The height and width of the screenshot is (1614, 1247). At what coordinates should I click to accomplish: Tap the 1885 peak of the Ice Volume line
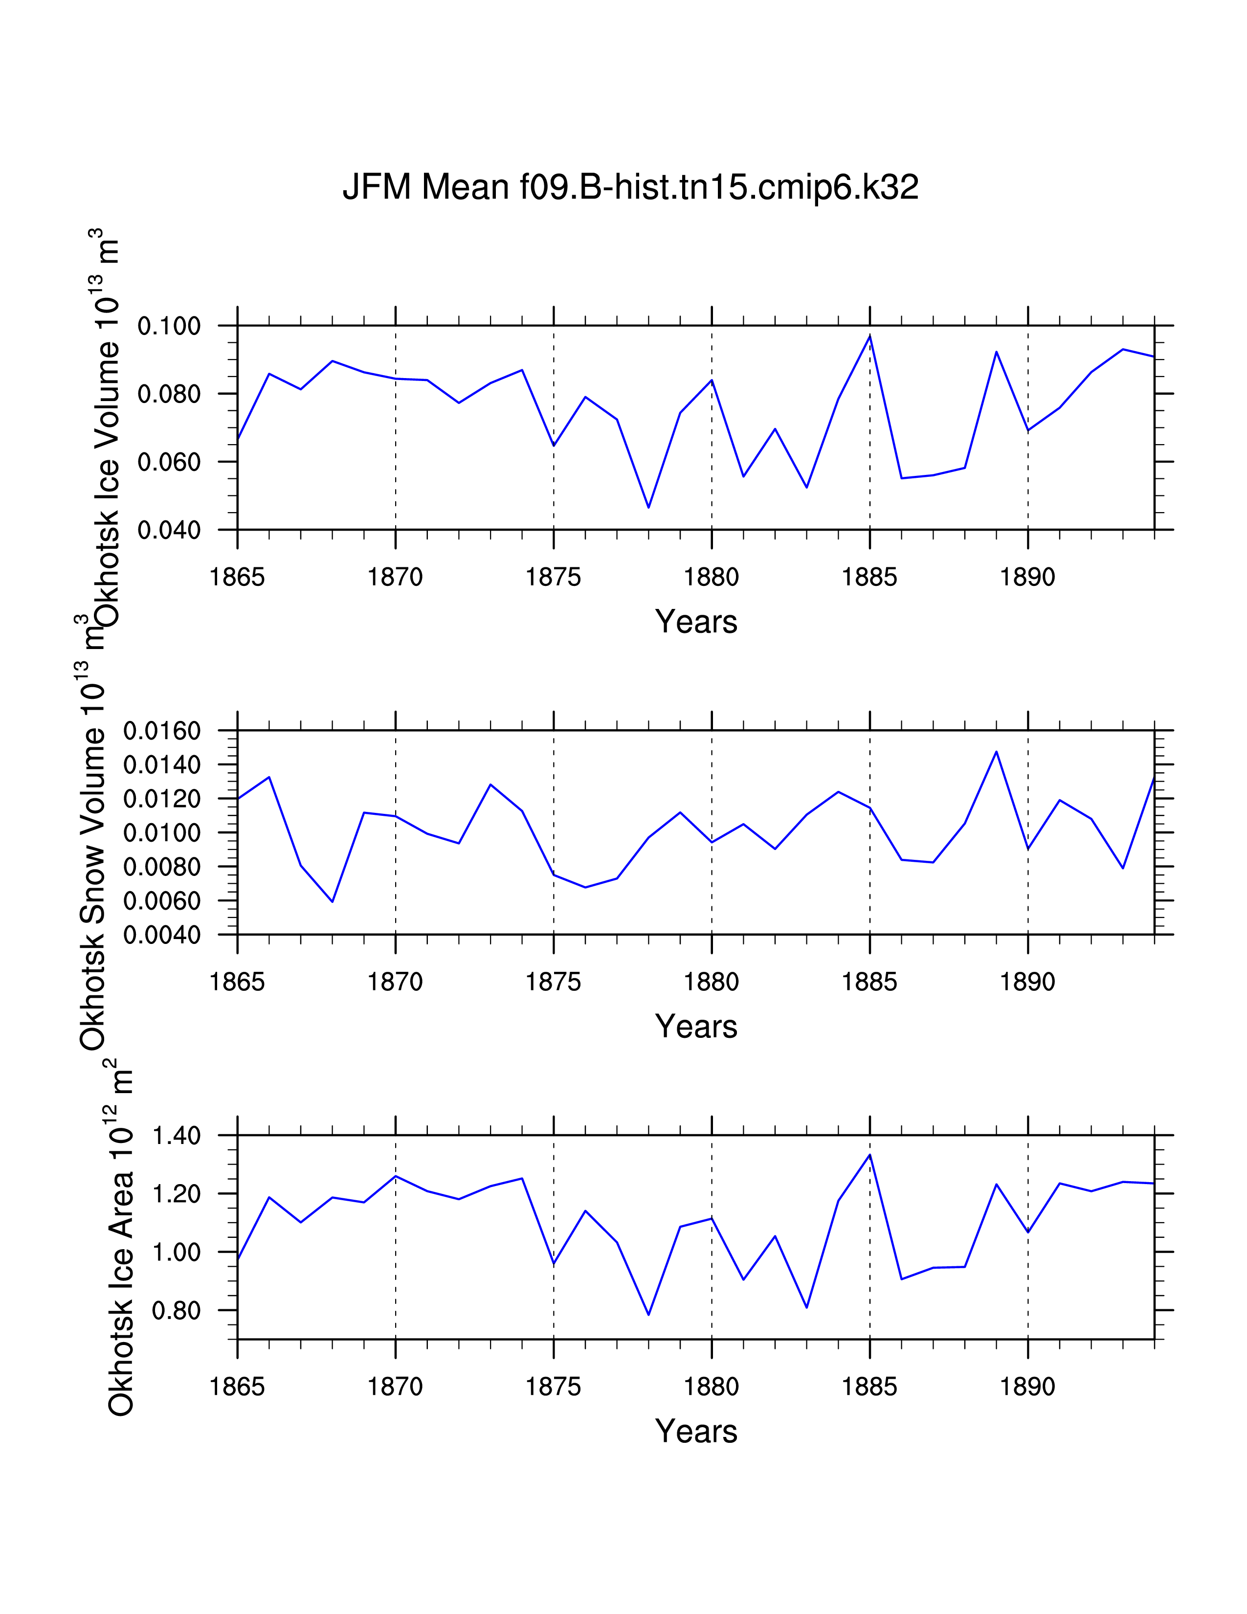click(x=869, y=336)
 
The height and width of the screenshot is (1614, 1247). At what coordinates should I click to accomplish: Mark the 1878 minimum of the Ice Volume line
click(x=648, y=507)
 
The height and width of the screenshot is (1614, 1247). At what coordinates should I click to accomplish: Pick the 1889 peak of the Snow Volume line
click(x=996, y=752)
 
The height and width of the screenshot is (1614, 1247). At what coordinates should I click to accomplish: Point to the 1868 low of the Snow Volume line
click(x=333, y=901)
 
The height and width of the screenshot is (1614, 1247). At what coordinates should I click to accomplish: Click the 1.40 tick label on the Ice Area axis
click(x=177, y=1136)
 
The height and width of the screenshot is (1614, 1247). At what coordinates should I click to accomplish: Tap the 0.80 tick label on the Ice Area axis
click(x=177, y=1310)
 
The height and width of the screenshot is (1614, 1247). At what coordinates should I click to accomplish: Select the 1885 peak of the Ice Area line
click(x=869, y=1154)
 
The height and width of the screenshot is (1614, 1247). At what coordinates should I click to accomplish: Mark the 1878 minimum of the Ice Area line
click(x=648, y=1314)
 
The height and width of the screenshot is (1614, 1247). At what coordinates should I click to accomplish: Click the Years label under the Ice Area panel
click(x=696, y=1432)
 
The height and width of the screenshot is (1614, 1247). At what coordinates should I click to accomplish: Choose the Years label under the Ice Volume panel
click(x=696, y=622)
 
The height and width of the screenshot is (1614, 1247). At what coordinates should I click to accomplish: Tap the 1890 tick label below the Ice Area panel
click(x=1027, y=1387)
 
